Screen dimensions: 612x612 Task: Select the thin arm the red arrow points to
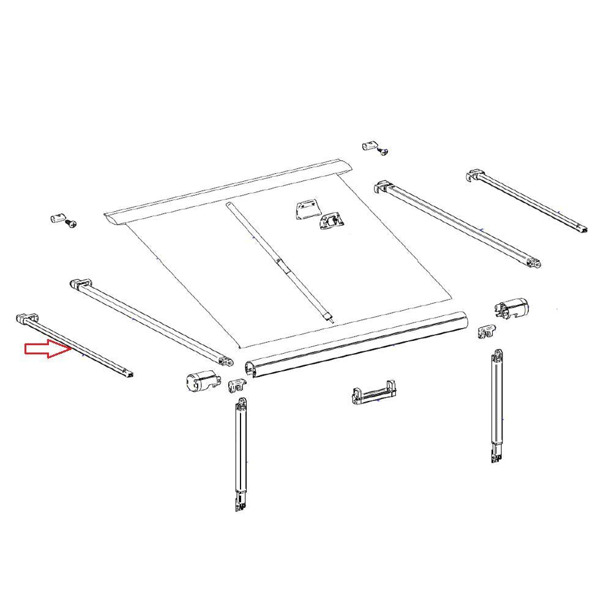pyautogui.click(x=76, y=346)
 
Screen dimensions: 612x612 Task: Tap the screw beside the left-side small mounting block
pyautogui.click(x=71, y=224)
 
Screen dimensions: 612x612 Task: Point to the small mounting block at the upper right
pyautogui.click(x=368, y=145)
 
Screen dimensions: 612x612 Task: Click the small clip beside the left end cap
pyautogui.click(x=237, y=386)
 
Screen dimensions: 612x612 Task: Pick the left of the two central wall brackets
pyautogui.click(x=305, y=210)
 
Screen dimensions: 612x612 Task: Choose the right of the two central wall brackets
pyautogui.click(x=330, y=221)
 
